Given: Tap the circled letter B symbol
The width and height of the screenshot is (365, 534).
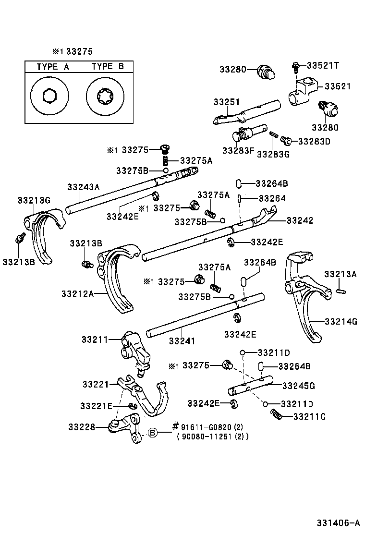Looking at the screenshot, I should pos(152,433).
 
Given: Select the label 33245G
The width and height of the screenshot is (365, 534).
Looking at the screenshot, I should pos(298,385).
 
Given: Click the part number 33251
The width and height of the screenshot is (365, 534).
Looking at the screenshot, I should pos(227,102).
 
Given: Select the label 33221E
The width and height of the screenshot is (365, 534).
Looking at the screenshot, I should pos(97,406).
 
